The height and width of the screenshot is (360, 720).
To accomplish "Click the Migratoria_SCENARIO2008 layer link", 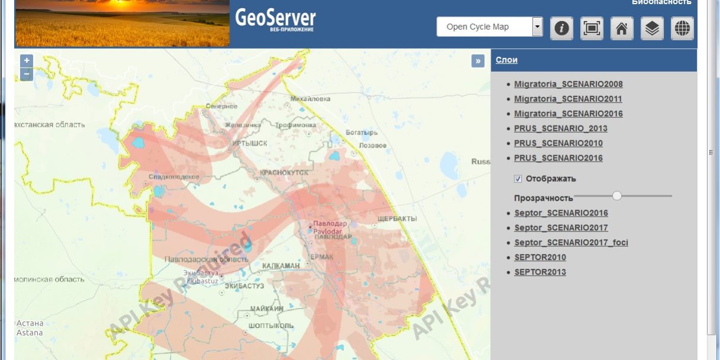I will tap(568, 84).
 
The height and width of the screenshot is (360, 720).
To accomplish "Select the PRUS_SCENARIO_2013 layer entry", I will tap(560, 128).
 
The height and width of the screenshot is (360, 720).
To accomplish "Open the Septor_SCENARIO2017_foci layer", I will tap(571, 243).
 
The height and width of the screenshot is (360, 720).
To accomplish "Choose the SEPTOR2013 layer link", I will tap(539, 272).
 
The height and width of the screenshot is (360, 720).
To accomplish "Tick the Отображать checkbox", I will tap(518, 179).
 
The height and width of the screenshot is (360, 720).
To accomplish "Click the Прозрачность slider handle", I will tap(617, 195).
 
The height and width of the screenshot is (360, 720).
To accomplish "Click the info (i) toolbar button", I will tap(561, 28).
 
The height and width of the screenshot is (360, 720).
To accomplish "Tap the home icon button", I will tap(621, 28).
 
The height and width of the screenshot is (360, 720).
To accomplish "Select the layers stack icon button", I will tap(652, 28).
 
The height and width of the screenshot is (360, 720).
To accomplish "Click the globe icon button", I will tap(682, 28).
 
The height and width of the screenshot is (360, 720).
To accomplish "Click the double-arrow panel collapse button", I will tap(478, 60).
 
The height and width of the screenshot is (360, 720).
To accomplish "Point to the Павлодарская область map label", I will tap(198, 259).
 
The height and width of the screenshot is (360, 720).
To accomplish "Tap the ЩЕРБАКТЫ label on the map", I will tap(397, 219).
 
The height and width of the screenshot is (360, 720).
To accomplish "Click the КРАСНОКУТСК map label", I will tap(284, 172).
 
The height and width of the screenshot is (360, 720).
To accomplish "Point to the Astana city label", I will tap(30, 333).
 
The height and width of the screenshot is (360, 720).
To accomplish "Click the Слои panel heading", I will tap(506, 60).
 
